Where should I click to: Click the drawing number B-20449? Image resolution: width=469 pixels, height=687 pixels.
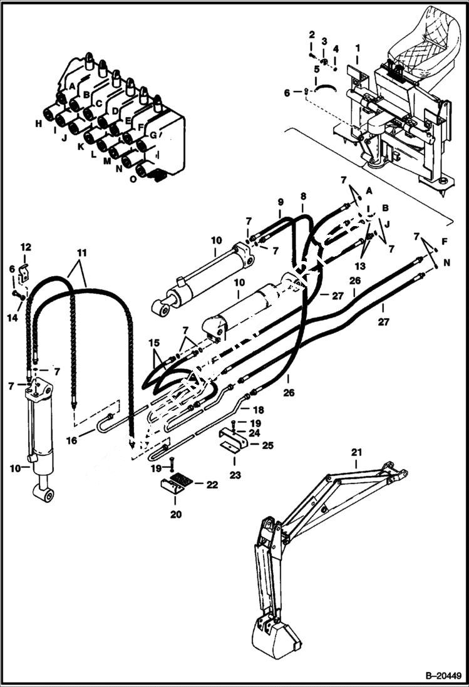tap(441, 676)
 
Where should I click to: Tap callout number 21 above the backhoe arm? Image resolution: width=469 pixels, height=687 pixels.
tap(356, 453)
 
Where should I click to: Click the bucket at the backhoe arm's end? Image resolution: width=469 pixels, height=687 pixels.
tap(276, 633)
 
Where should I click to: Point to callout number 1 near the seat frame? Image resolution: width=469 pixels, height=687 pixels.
tap(358, 48)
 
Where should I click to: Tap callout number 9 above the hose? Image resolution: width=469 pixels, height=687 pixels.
tap(281, 202)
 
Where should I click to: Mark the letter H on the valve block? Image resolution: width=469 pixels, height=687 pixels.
tap(39, 124)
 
